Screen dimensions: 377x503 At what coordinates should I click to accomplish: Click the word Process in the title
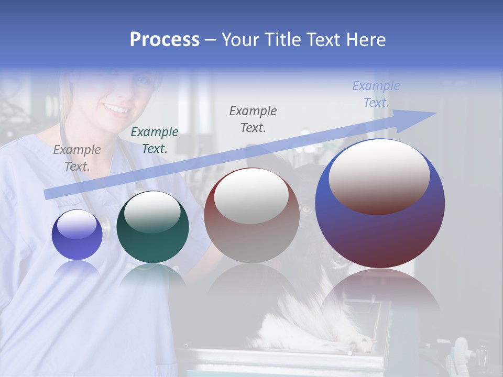[165, 40]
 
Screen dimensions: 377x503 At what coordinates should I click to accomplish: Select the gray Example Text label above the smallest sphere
[77, 158]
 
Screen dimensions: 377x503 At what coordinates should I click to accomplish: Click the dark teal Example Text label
[154, 140]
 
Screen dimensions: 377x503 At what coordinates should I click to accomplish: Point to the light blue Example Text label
[376, 94]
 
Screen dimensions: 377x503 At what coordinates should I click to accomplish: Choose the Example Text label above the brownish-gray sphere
[253, 119]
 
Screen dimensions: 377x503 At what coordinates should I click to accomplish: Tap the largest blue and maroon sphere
[380, 230]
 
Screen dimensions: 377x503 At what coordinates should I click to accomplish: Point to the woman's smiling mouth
[117, 109]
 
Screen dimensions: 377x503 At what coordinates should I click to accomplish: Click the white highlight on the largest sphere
[379, 175]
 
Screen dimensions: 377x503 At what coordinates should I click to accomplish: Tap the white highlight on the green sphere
[152, 211]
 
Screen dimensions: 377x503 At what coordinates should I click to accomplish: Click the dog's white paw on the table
[362, 343]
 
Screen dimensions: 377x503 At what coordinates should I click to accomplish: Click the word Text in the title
[324, 40]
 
